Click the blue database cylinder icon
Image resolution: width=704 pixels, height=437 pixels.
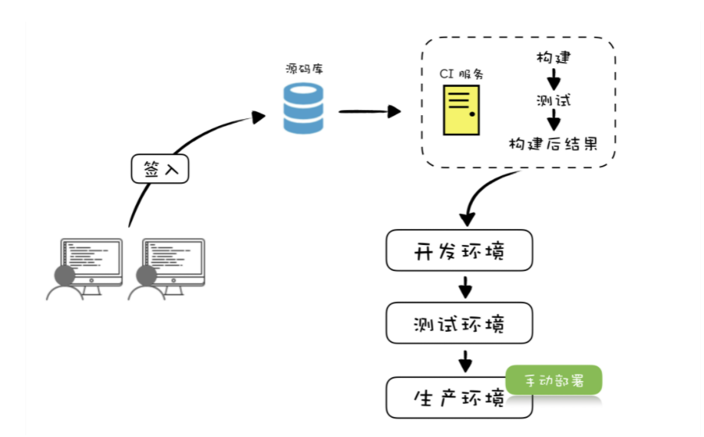[303, 108]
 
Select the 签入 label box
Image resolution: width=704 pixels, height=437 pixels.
[160, 169]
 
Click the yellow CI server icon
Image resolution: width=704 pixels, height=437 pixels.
[461, 110]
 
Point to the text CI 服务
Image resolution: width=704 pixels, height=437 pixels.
[461, 74]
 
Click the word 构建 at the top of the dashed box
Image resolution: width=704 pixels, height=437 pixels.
[553, 58]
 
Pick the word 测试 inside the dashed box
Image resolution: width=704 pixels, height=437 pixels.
[554, 100]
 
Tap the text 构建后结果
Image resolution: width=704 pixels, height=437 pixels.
[553, 144]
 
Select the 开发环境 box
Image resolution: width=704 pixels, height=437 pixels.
[459, 250]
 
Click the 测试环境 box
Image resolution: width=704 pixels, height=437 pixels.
[459, 323]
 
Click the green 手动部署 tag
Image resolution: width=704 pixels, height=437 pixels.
[554, 380]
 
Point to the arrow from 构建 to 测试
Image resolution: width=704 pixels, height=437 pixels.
[554, 78]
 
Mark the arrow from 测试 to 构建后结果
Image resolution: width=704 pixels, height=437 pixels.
[554, 121]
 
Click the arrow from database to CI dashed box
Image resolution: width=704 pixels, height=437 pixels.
[369, 111]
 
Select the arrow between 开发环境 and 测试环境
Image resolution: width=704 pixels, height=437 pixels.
[464, 287]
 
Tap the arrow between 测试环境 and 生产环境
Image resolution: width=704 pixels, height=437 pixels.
[464, 359]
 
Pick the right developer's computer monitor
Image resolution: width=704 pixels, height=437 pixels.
[174, 261]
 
